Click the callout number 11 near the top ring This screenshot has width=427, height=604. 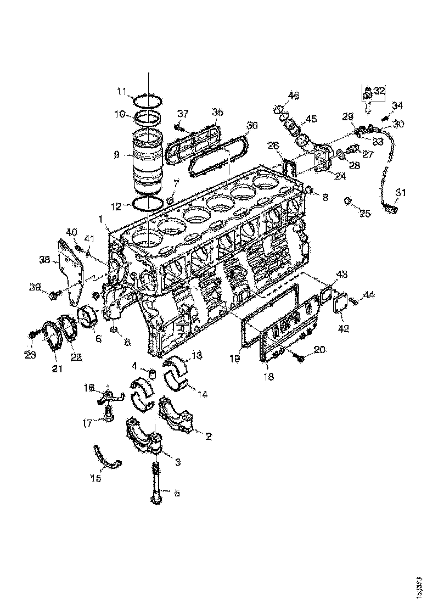pyautogui.click(x=121, y=91)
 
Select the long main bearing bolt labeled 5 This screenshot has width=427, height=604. pyautogui.click(x=156, y=483)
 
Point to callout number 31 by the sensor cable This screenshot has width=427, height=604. pyautogui.click(x=401, y=192)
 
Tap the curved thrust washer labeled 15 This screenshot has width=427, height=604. pyautogui.click(x=106, y=458)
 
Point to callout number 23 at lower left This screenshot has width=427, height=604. pyautogui.click(x=30, y=355)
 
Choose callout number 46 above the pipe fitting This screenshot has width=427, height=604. pyautogui.click(x=294, y=96)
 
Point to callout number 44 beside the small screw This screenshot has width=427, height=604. pyautogui.click(x=368, y=295)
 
